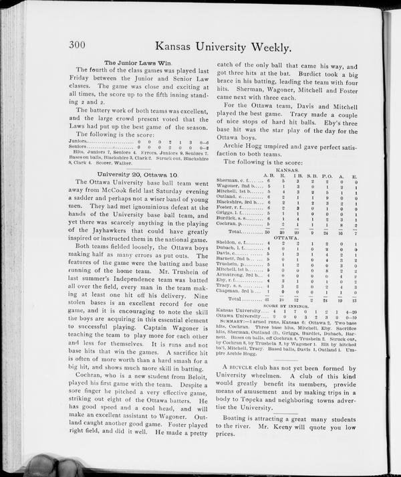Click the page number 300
point(82,44)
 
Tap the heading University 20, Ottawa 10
point(128,174)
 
